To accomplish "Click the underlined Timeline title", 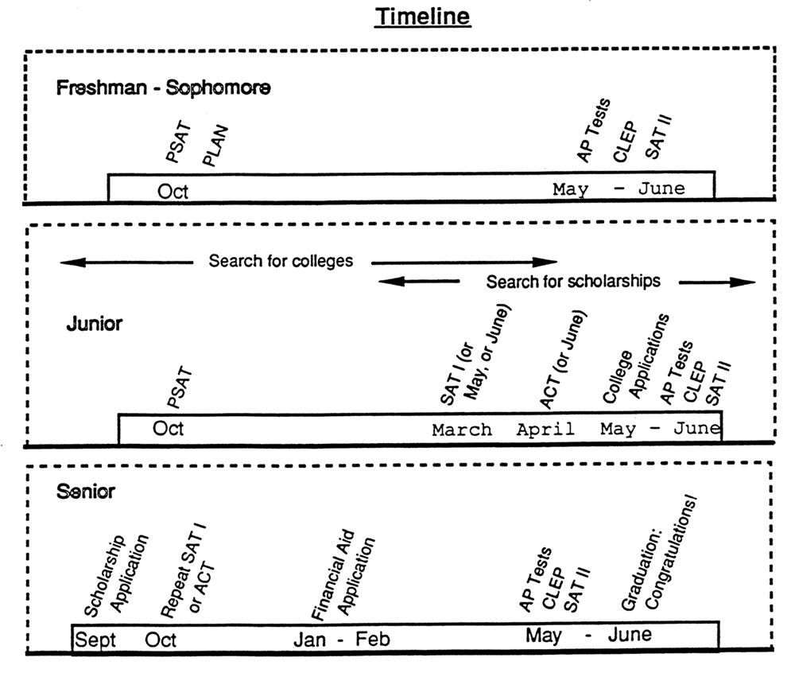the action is (422, 17).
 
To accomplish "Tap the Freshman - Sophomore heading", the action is (163, 88).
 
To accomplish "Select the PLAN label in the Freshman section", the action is (215, 146).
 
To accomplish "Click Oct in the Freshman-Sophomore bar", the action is (173, 191).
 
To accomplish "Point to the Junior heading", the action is (95, 324).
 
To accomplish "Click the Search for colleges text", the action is (281, 261).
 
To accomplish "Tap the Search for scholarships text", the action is (573, 281).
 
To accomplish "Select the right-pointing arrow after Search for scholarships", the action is (717, 282).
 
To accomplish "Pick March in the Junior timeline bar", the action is (462, 430).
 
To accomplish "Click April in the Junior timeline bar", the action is (545, 430).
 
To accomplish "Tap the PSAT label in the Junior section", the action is (180, 388).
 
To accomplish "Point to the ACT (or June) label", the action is (563, 359).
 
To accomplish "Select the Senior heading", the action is (86, 491).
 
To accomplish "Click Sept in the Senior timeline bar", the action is (95, 640).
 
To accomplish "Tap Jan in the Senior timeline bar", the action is (309, 640).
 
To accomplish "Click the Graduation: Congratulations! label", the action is (660, 552).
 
